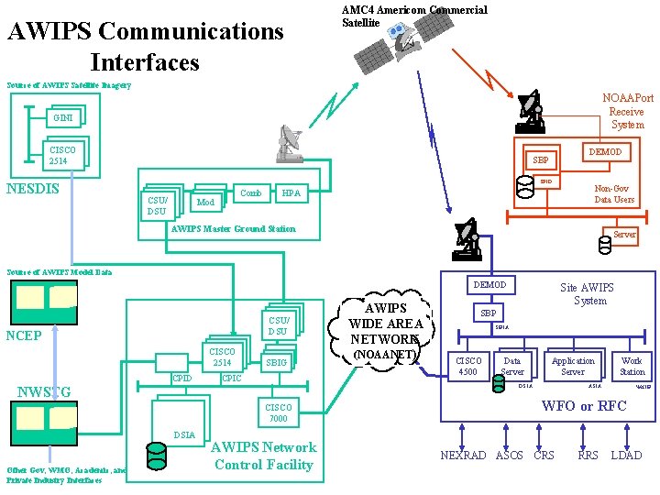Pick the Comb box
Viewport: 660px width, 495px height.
(x=250, y=193)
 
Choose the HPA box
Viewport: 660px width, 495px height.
(x=291, y=193)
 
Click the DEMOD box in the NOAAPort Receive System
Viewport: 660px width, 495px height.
(x=604, y=152)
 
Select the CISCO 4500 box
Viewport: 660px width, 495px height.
(x=467, y=367)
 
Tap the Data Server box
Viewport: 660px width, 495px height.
(x=511, y=367)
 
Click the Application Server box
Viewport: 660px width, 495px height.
(x=573, y=367)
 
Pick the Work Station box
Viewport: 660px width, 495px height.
(x=632, y=367)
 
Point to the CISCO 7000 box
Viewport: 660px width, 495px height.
(x=278, y=412)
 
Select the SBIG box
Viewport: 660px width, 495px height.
(x=276, y=363)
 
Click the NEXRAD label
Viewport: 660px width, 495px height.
(x=463, y=456)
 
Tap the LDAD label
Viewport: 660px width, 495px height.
(x=626, y=456)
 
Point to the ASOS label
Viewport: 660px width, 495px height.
(x=509, y=456)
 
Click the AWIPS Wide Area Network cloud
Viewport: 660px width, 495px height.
(x=393, y=329)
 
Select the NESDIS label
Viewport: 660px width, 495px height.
(x=33, y=190)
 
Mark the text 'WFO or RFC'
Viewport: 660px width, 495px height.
(x=584, y=406)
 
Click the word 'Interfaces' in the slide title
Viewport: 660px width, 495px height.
(x=144, y=63)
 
